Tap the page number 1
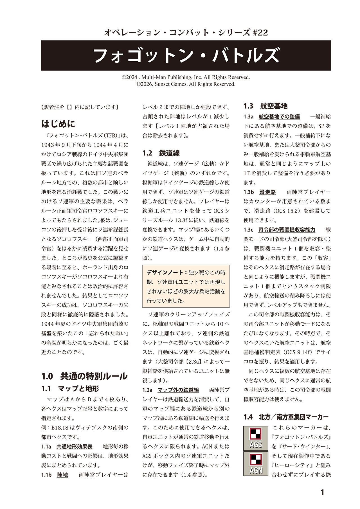tap(322, 492)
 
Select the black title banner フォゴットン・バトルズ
tap(186, 55)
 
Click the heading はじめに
tap(58, 124)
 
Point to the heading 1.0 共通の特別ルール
tap(84, 376)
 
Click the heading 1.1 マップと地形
tap(70, 389)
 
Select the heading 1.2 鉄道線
tap(161, 153)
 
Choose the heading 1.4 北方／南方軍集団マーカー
tap(286, 417)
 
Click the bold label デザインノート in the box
tap(167, 272)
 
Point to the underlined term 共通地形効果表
tap(74, 446)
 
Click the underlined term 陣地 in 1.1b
tap(62, 475)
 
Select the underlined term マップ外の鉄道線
tap(178, 390)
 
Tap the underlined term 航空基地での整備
tap(279, 116)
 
